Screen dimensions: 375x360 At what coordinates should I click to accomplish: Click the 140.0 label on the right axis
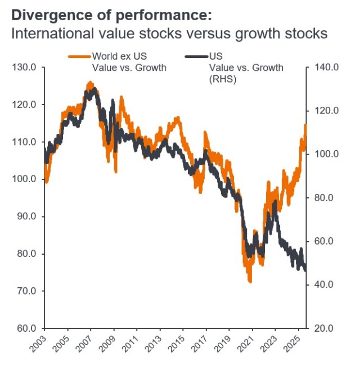(x=327, y=67)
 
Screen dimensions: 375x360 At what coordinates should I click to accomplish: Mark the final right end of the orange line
(x=306, y=125)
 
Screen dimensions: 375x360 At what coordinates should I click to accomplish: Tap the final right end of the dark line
(x=306, y=270)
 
